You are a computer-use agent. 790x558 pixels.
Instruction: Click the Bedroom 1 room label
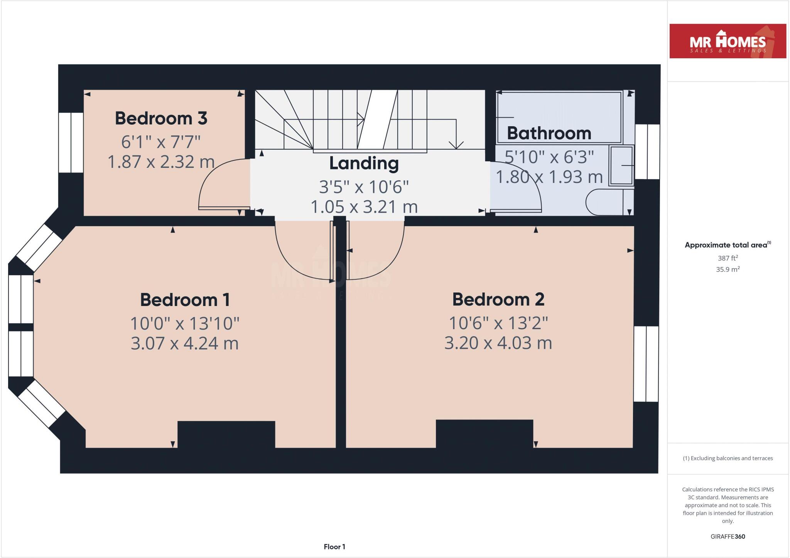(185, 300)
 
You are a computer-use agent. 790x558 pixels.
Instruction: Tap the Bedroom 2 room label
(498, 299)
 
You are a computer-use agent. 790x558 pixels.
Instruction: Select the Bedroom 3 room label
(161, 118)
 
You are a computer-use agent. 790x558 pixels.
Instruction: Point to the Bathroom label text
(549, 133)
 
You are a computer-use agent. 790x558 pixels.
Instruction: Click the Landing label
(364, 163)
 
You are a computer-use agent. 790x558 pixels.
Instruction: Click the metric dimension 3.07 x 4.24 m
(184, 343)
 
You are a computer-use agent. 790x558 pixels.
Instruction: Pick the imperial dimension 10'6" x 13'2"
(498, 323)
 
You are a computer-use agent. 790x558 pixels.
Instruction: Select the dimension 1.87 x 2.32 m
(161, 162)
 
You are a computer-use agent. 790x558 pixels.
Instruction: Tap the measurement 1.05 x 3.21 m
(364, 207)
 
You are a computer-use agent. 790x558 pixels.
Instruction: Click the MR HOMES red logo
(728, 41)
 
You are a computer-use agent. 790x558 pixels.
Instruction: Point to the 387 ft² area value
(728, 258)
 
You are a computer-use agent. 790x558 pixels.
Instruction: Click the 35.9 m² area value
(728, 269)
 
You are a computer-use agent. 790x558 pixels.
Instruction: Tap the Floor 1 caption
(334, 547)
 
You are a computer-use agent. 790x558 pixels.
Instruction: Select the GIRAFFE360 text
(728, 536)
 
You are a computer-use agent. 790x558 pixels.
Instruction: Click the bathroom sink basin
(621, 166)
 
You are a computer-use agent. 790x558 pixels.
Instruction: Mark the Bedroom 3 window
(71, 142)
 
